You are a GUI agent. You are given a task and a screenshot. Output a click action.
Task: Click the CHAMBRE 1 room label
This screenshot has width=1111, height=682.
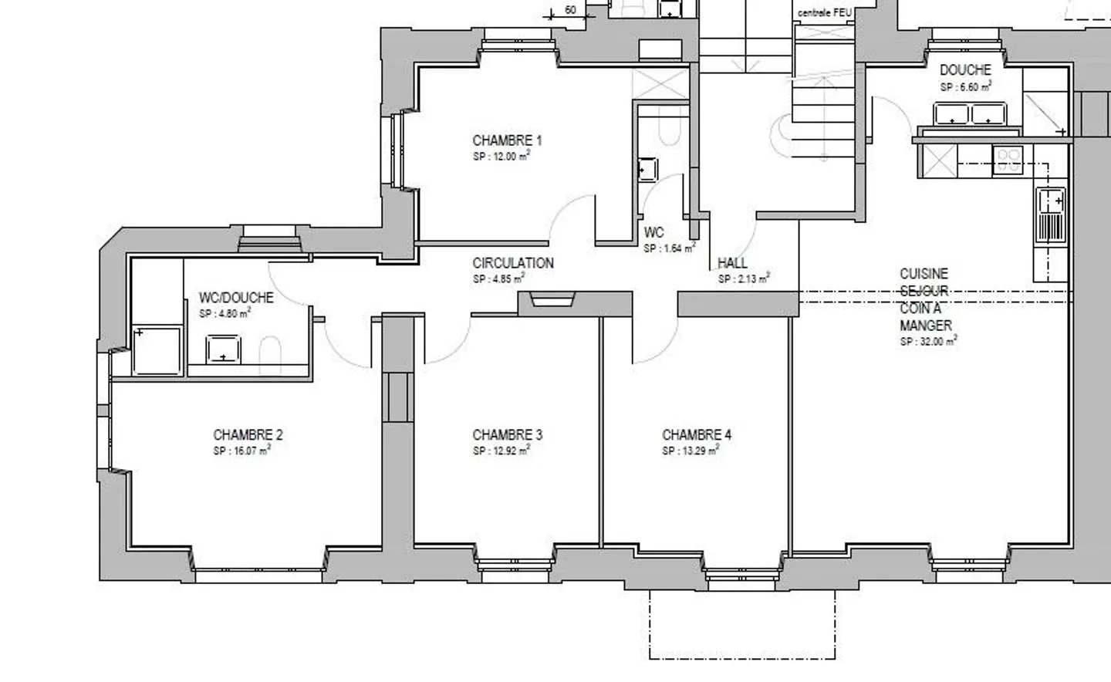(507, 140)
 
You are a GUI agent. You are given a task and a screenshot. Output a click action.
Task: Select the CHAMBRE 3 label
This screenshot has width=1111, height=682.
(507, 435)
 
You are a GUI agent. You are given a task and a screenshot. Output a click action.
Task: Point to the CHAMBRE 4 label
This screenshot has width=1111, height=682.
(697, 435)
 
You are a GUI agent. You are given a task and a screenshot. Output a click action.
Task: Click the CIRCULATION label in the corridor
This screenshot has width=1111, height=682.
(513, 263)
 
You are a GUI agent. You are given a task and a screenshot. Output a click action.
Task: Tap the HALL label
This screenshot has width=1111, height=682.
(732, 263)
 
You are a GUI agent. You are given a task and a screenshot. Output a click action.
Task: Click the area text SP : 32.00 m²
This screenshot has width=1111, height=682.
(928, 341)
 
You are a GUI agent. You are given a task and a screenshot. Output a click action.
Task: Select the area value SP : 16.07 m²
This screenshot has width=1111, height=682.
(241, 451)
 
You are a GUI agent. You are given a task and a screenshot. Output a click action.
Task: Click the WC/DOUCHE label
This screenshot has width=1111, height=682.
(236, 298)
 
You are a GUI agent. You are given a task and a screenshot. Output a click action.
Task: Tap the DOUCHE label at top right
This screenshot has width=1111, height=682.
(965, 70)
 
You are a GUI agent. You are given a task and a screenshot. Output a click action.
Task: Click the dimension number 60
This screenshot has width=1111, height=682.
(570, 10)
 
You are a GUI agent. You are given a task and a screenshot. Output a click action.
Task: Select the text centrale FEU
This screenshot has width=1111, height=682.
(824, 13)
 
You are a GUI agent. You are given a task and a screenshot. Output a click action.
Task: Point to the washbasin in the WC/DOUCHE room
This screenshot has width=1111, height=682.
(223, 349)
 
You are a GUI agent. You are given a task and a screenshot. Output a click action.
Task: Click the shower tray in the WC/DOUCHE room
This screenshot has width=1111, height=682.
(158, 350)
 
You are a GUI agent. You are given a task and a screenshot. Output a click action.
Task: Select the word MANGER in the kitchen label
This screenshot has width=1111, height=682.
(926, 326)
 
